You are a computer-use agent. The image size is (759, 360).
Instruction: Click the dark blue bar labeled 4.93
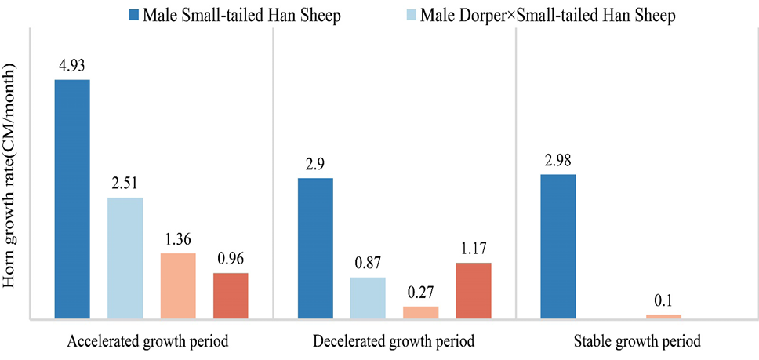72,199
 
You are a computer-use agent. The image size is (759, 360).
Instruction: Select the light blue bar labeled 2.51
125,258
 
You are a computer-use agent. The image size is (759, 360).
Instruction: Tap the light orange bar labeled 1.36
178,286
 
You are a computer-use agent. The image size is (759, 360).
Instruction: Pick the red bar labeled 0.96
231,296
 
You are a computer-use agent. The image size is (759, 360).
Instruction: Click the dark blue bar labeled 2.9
315,249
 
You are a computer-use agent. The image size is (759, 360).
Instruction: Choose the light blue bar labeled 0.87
368,298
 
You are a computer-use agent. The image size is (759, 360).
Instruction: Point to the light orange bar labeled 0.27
421,313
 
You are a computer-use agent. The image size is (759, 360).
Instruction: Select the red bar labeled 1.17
474,291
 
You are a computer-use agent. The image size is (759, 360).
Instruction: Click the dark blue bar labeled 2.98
558,247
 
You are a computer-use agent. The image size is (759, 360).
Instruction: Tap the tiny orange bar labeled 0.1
663,316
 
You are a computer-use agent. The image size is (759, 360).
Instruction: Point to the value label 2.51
125,184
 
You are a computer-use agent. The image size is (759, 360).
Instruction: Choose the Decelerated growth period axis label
394,341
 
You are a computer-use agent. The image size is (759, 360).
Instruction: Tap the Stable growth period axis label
637,341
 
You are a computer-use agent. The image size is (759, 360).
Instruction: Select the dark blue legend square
135,16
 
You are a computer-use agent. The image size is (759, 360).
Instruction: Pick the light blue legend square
411,16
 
